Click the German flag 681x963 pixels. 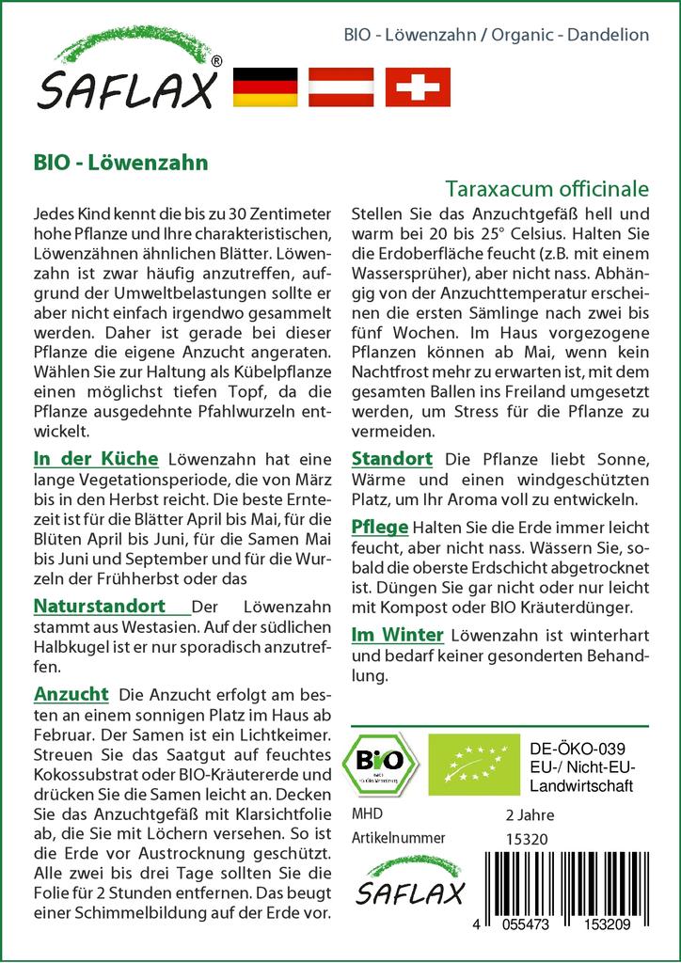tap(264, 87)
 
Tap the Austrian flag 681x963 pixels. tap(341, 87)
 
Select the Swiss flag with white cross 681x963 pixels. tap(418, 87)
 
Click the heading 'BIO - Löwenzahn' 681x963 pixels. tap(120, 161)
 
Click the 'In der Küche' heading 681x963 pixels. tap(96, 459)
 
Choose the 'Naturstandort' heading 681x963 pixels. tap(100, 606)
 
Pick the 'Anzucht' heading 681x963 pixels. tap(71, 694)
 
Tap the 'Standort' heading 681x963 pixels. tap(391, 459)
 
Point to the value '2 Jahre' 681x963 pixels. tap(530, 814)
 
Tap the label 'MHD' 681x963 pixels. tap(367, 813)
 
